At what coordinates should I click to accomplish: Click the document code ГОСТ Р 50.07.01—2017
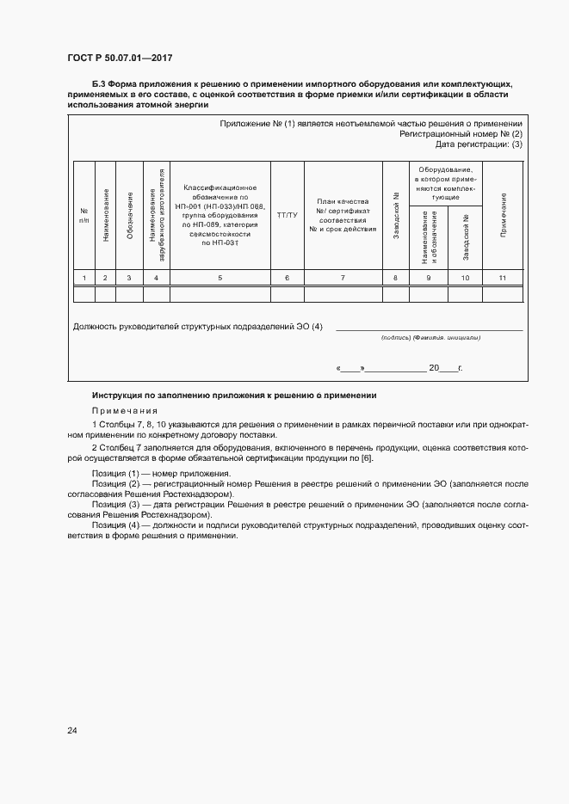point(121,58)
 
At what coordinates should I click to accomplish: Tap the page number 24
point(71,730)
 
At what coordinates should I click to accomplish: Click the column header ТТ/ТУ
point(287,214)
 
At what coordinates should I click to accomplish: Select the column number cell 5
point(220,277)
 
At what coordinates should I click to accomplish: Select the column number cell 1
point(83,277)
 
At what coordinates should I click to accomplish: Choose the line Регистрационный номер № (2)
point(461,133)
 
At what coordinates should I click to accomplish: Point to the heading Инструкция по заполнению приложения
point(234,395)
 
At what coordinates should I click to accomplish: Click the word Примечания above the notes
point(121,410)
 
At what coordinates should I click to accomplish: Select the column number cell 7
point(343,277)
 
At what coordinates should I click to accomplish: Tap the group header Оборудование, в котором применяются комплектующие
point(445,183)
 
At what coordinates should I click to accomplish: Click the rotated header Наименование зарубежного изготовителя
point(156,214)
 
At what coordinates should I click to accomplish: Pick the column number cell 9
point(428,277)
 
